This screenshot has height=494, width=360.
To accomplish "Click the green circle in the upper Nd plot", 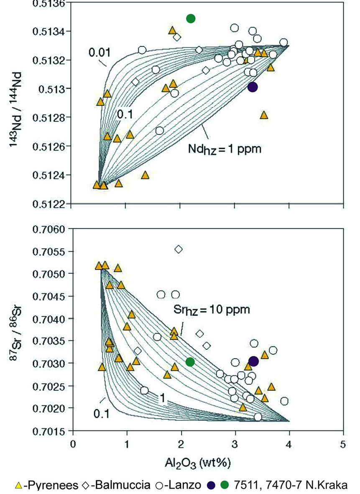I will [191, 18].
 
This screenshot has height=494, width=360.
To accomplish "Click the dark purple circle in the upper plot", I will [252, 87].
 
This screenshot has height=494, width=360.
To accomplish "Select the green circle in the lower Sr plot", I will [190, 362].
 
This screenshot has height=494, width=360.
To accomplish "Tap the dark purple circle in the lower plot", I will [253, 361].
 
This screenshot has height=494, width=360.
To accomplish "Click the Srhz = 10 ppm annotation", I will [212, 310].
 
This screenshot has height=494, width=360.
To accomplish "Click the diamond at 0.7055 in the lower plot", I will [179, 249].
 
